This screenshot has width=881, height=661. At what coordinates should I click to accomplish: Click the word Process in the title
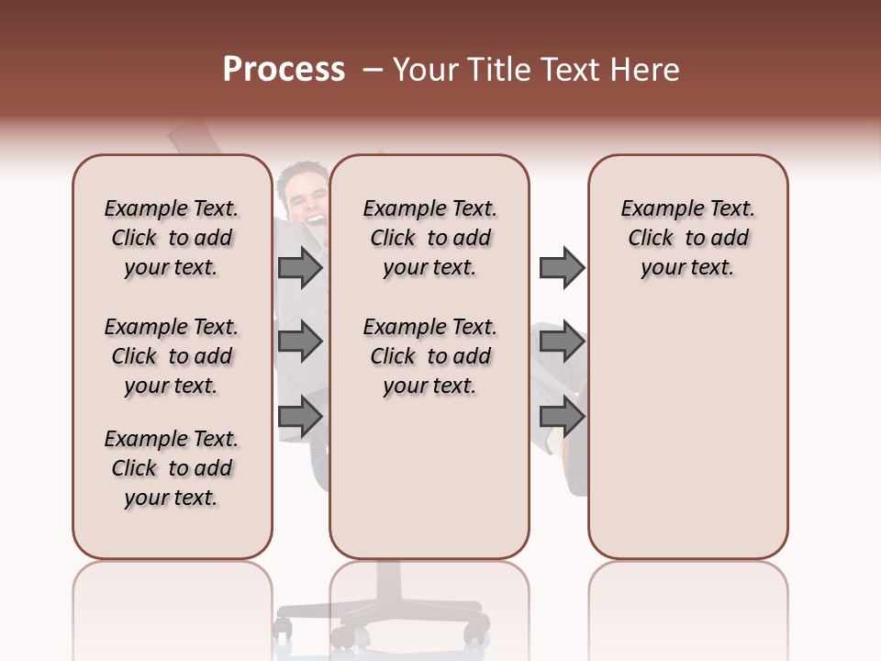pyautogui.click(x=284, y=70)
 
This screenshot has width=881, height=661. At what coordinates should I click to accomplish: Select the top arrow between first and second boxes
pyautogui.click(x=300, y=267)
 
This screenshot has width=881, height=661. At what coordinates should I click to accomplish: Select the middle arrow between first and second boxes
pyautogui.click(x=300, y=342)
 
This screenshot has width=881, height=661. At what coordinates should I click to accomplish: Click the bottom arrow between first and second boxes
pyautogui.click(x=300, y=418)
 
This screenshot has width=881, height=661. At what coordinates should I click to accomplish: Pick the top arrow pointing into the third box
pyautogui.click(x=562, y=267)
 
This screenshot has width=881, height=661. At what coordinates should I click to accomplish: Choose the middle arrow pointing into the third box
pyautogui.click(x=562, y=342)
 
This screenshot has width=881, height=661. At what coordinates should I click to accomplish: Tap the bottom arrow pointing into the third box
pyautogui.click(x=562, y=418)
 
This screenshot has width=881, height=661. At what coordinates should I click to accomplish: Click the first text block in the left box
pyautogui.click(x=172, y=238)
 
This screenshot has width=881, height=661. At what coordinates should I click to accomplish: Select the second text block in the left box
pyautogui.click(x=172, y=356)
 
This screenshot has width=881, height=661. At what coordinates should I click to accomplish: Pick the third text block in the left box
pyautogui.click(x=172, y=468)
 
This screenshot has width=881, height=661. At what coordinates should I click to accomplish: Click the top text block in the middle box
pyautogui.click(x=429, y=238)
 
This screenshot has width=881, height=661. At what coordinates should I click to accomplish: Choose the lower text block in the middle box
pyautogui.click(x=429, y=356)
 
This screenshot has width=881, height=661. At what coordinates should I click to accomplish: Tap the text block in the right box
pyautogui.click(x=687, y=238)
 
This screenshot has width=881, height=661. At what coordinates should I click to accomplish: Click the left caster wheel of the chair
pyautogui.click(x=284, y=629)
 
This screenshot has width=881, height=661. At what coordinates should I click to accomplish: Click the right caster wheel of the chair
pyautogui.click(x=476, y=632)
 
